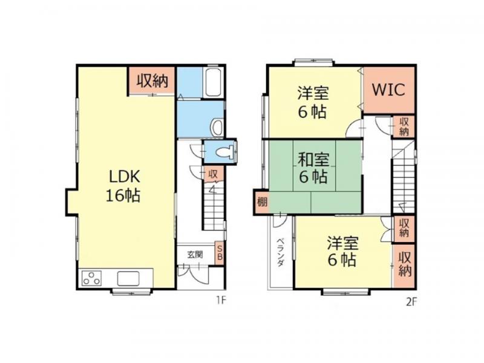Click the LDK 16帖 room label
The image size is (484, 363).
[x=123, y=186]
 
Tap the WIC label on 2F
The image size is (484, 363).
[x=388, y=90]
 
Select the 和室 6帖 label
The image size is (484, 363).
[x=313, y=169]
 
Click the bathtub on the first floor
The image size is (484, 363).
[x=213, y=82]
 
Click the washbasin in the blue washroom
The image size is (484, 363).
[x=217, y=127]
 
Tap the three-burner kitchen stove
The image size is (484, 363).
[x=92, y=278]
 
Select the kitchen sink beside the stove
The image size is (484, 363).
[x=128, y=278]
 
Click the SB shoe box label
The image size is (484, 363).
[x=220, y=252]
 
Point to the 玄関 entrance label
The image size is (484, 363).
[x=195, y=255]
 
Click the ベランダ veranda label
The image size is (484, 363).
[x=280, y=252]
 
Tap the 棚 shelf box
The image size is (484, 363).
[x=262, y=203]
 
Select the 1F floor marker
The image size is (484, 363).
[x=221, y=300]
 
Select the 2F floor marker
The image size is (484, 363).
[x=411, y=301]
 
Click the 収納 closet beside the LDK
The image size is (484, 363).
[x=152, y=80]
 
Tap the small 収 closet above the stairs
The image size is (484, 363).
[x=213, y=174]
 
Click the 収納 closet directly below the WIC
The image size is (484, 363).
[x=404, y=126]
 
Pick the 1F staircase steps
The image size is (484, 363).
[x=214, y=206]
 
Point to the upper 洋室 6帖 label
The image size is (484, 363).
[x=312, y=103]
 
